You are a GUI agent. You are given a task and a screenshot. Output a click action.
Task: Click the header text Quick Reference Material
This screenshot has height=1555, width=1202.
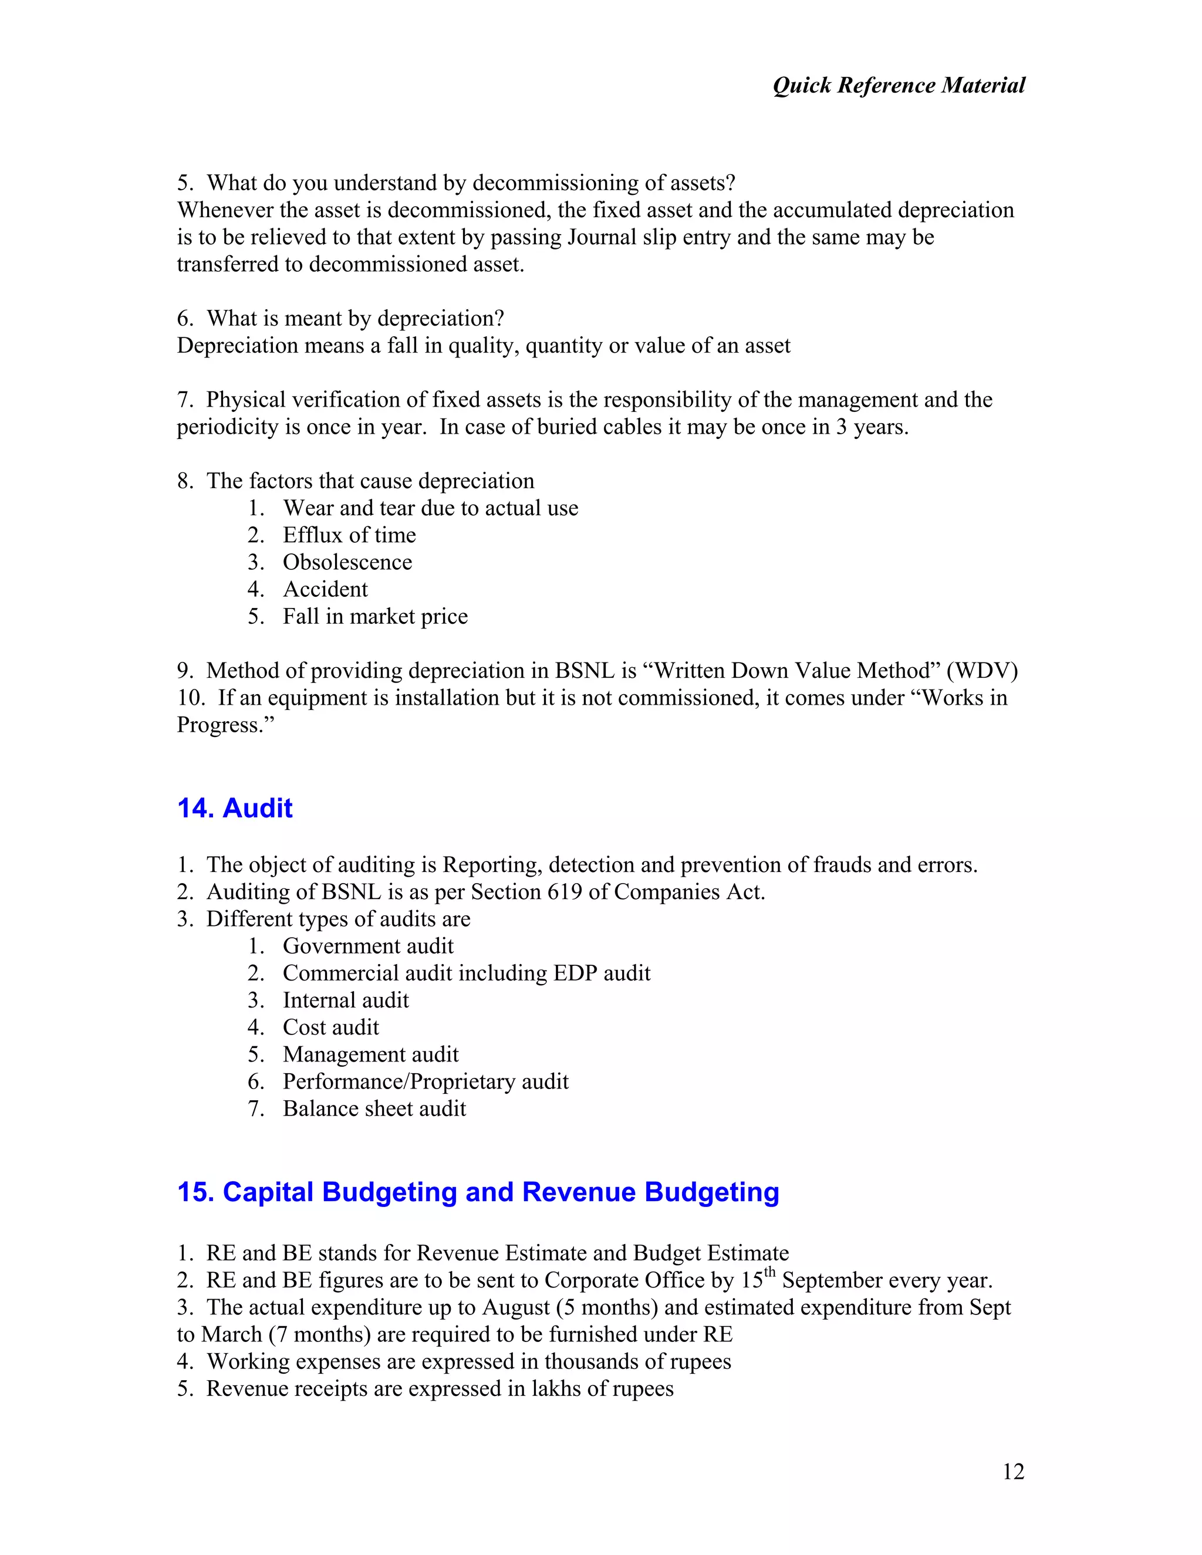(899, 86)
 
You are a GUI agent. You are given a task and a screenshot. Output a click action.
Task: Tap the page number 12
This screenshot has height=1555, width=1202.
(1012, 1472)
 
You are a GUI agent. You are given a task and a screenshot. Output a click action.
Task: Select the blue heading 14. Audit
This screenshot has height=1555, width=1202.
(234, 808)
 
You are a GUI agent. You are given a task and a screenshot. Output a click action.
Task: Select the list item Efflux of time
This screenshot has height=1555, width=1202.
(349, 535)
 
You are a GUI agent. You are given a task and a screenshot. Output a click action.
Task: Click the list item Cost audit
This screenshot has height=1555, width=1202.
(330, 1027)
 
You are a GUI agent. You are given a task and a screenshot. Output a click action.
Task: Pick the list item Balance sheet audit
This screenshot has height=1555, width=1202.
(374, 1108)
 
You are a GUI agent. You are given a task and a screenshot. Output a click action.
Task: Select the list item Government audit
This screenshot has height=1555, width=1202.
(367, 946)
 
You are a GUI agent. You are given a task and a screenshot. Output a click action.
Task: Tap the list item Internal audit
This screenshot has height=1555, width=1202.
(345, 1000)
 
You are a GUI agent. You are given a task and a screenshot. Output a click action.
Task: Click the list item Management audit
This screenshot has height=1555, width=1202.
(370, 1054)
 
